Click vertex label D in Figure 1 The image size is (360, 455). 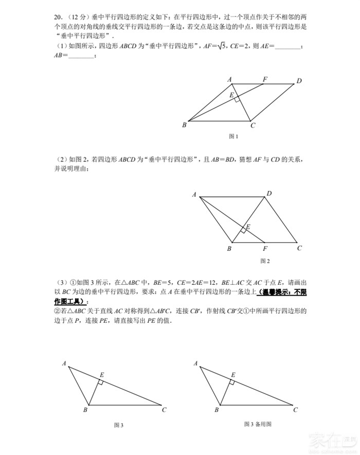click(x=299, y=80)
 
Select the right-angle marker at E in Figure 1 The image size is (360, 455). click(x=236, y=99)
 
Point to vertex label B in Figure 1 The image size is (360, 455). click(x=184, y=125)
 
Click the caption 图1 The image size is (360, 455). click(x=233, y=136)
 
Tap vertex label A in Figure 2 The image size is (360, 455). click(x=194, y=194)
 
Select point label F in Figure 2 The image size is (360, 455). click(x=264, y=248)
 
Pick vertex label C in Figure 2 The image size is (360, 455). click(x=299, y=248)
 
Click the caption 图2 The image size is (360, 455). click(x=265, y=261)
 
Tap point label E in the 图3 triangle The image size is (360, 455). click(x=101, y=375)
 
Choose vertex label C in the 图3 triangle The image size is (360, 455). click(x=164, y=410)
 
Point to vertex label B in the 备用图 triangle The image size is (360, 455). click(x=217, y=410)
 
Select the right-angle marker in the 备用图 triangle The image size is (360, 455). click(x=232, y=382)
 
